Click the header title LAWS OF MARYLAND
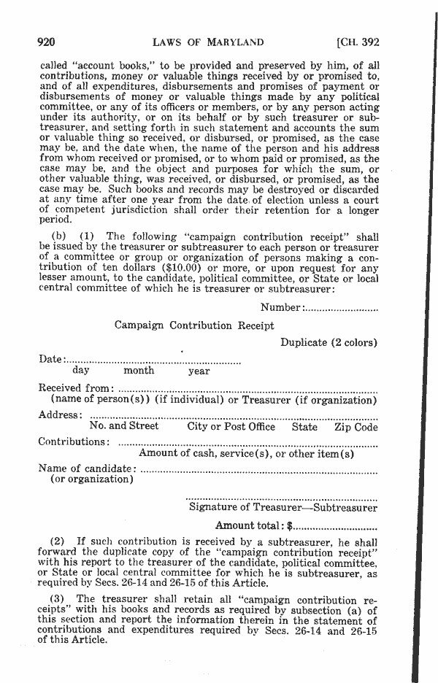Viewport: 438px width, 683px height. coord(208,42)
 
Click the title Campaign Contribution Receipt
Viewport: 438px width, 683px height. coord(194,325)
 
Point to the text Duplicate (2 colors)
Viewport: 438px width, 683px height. coord(328,342)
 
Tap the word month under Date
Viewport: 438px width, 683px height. coord(138,371)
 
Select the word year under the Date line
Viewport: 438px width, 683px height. coord(199,371)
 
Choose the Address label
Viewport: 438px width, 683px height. coord(60,415)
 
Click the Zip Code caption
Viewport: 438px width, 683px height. coord(356,427)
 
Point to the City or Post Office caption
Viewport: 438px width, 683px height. coord(231,427)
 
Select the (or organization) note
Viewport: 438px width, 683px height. coord(91,479)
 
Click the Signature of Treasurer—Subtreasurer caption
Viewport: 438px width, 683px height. coord(283,507)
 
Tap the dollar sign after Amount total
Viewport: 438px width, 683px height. coord(290,525)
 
